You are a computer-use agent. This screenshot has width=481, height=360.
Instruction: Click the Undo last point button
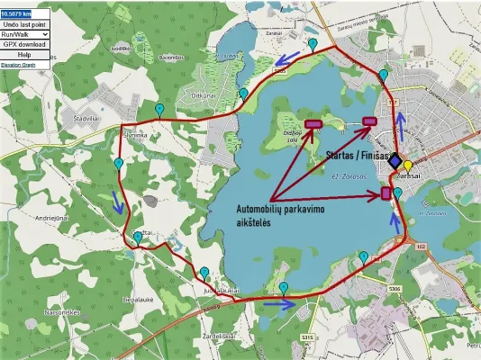[x=24, y=23]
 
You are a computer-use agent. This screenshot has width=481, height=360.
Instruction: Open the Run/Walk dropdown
[x=24, y=33]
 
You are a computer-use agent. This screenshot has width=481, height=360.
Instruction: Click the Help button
[x=24, y=54]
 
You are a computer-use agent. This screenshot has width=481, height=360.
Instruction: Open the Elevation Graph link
[x=18, y=65]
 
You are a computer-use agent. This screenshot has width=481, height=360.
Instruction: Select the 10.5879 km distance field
[x=16, y=13]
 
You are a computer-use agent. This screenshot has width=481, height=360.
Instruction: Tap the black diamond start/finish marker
[x=395, y=159]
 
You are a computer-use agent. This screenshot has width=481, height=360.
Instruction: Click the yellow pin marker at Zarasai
[x=407, y=166]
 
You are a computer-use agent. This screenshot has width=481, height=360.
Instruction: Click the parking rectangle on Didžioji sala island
[x=313, y=124]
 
